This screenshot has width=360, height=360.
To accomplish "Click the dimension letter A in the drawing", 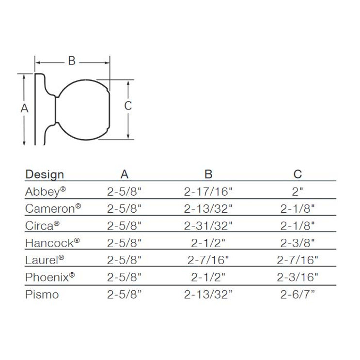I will (24, 109).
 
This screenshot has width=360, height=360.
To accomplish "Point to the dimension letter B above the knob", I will (72, 61).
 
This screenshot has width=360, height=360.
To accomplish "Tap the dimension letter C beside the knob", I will (128, 106).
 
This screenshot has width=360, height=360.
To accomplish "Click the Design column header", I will (45, 174).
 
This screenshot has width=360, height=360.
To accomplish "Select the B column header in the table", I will (208, 174).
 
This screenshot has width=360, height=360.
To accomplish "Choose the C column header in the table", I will (297, 174).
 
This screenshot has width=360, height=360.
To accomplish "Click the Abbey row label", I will (43, 191).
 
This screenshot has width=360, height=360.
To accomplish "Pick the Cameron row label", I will (50, 208).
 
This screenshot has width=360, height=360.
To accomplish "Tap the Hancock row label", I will (50, 242).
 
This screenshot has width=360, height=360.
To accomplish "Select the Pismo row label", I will (42, 294).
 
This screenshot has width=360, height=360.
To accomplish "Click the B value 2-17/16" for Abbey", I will (208, 192).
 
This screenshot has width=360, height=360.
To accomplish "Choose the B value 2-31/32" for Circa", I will (208, 226).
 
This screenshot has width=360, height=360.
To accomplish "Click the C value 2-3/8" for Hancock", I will (297, 243).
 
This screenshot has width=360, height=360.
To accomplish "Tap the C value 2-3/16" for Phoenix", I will (297, 277).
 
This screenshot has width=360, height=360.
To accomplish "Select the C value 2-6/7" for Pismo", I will (297, 294).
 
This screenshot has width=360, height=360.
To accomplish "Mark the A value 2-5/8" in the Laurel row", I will (125, 260).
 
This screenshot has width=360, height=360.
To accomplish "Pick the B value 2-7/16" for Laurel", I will (208, 260).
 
